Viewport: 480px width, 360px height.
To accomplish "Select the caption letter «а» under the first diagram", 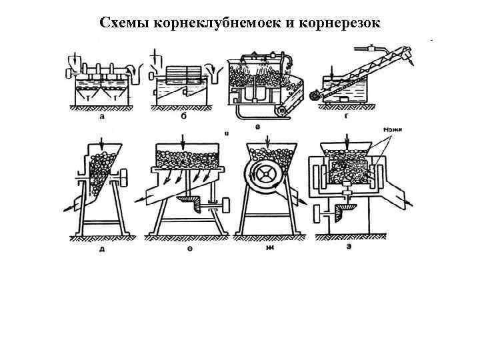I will [101, 115].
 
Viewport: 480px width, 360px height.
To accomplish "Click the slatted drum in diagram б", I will [179, 73].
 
